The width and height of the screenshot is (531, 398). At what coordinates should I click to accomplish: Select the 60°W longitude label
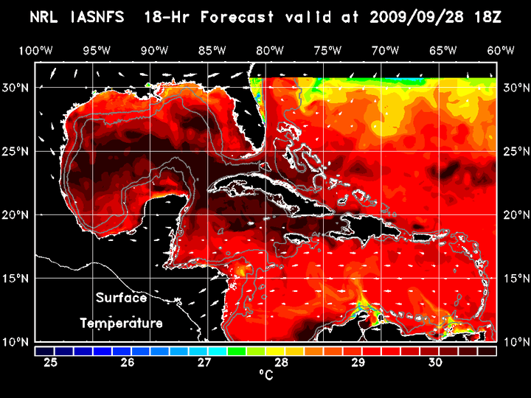[500, 50]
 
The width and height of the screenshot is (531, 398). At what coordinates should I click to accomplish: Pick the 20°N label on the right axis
[514, 214]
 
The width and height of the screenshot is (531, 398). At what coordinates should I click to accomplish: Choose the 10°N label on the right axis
[514, 342]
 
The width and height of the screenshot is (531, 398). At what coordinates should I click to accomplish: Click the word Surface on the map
[121, 298]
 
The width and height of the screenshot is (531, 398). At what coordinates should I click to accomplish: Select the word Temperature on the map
[121, 323]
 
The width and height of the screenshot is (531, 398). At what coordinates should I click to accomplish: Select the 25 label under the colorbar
[51, 362]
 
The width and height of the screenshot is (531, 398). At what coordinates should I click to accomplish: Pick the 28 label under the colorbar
[281, 362]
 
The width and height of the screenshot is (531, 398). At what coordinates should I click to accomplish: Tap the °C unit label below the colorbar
[265, 375]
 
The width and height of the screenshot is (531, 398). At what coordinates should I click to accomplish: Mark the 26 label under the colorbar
[128, 362]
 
